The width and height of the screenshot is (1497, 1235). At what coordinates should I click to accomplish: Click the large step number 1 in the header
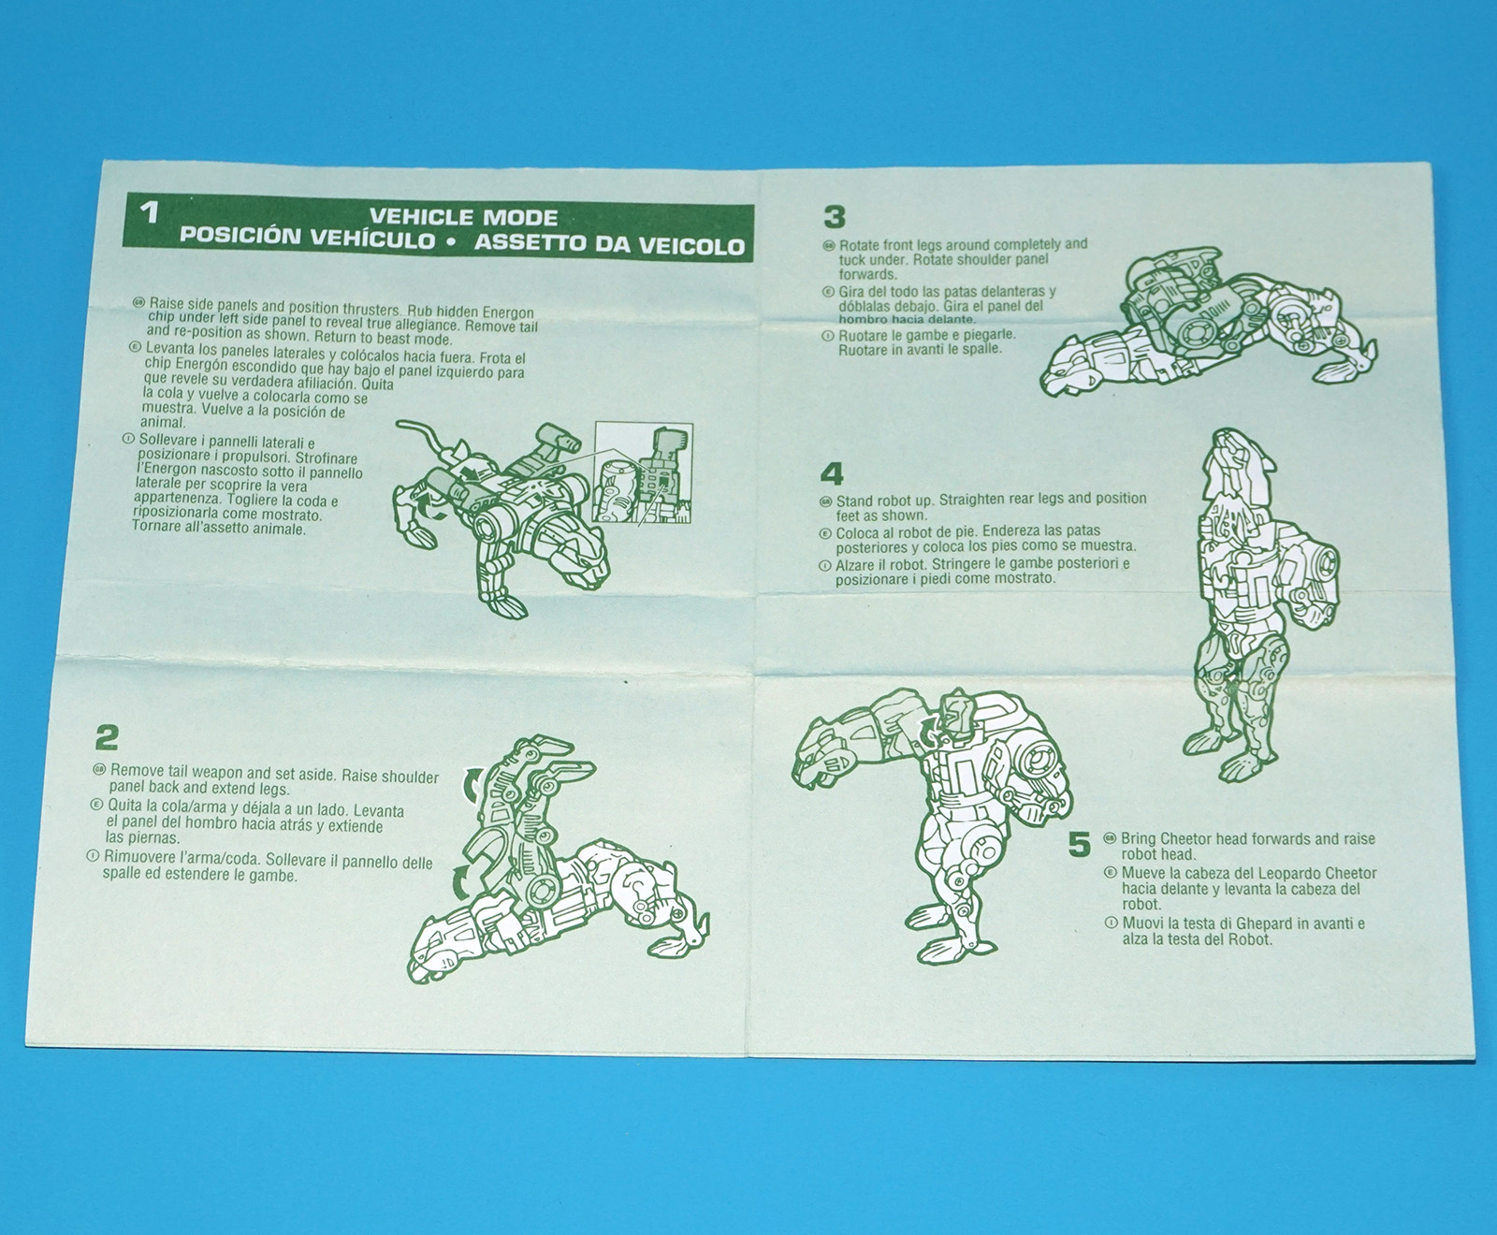click(x=150, y=211)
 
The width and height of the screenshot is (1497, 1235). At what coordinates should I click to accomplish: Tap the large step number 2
click(x=107, y=738)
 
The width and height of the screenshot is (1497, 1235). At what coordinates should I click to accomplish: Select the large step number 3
click(x=834, y=217)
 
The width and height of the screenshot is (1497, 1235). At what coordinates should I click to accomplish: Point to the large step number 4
click(x=831, y=473)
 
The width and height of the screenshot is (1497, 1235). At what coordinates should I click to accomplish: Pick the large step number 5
click(x=1080, y=845)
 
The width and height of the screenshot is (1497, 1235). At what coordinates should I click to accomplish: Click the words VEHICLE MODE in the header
click(x=463, y=217)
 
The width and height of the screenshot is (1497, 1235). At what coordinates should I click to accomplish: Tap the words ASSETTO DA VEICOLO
click(x=609, y=244)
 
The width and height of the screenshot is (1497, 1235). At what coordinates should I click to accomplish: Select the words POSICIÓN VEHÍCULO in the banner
click(x=308, y=237)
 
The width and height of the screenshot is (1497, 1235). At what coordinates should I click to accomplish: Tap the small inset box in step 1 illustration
click(x=644, y=472)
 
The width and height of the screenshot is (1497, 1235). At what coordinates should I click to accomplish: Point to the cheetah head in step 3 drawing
click(x=1076, y=369)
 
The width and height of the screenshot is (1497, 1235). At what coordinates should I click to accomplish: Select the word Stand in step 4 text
click(x=856, y=501)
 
